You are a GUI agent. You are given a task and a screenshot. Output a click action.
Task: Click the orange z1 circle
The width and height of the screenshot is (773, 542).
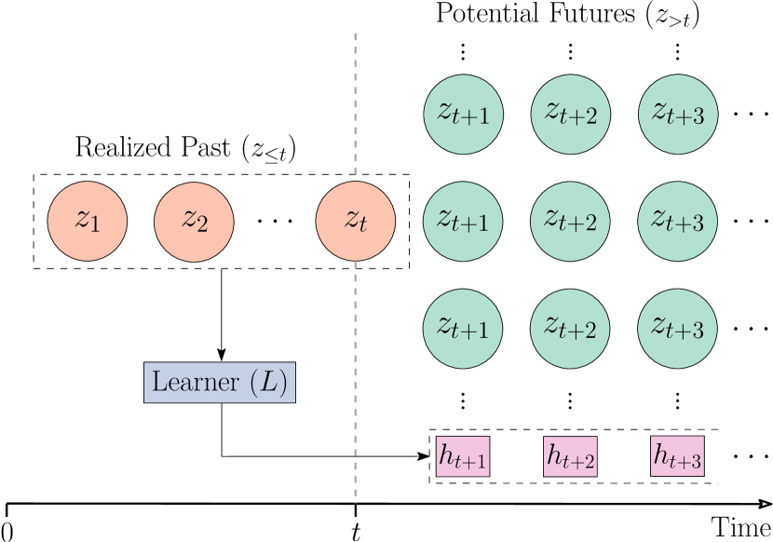[88, 221]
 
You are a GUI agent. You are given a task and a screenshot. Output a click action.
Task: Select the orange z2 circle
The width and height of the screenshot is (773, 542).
[194, 221]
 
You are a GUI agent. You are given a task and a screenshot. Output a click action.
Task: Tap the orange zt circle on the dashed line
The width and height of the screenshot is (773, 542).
[355, 221]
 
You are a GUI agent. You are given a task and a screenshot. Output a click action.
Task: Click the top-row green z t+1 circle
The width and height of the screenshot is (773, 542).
[464, 114]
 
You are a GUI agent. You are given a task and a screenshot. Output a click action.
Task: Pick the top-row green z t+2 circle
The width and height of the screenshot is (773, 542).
[571, 114]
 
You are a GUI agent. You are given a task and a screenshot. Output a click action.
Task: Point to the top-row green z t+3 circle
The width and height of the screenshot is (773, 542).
[678, 114]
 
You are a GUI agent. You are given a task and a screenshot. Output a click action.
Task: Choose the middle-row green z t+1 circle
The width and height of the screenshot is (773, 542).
[464, 221]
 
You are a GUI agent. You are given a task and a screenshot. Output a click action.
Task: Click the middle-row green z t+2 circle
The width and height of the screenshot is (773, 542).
[571, 221]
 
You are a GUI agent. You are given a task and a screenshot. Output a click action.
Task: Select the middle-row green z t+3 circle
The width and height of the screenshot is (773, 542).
[678, 221]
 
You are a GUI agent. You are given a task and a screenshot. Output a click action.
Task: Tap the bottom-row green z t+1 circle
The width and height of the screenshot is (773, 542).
[464, 328]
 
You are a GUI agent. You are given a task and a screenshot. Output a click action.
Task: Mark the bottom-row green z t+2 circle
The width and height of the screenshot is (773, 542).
[571, 328]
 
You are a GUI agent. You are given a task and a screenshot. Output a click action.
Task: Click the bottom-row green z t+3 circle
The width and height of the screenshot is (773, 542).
[678, 328]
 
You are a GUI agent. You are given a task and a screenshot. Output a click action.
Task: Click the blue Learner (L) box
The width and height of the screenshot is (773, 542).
[220, 382]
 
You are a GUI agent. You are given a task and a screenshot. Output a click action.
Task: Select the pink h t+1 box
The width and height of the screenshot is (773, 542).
[463, 456]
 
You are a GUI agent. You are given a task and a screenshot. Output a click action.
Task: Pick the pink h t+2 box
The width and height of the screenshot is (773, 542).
[570, 456]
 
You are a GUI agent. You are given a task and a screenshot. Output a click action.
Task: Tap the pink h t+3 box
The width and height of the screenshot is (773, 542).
[677, 456]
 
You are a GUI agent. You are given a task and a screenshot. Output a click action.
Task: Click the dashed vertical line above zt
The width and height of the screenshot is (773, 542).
[355, 102]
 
